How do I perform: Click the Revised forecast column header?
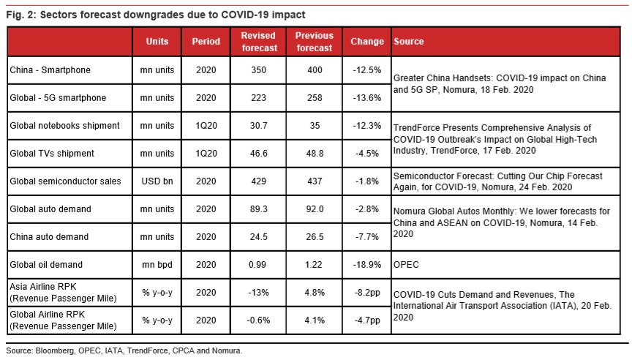(258, 42)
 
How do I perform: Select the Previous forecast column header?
(315, 42)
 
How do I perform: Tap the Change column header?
(366, 42)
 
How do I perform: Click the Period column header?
(206, 42)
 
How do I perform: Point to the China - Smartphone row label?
(50, 70)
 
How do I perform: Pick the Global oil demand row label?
(46, 264)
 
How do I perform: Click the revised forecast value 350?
(258, 70)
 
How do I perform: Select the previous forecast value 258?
(315, 97)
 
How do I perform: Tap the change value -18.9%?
(366, 264)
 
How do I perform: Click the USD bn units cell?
(157, 181)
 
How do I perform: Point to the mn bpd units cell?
(157, 264)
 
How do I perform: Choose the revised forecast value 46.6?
(258, 153)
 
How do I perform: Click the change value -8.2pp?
(367, 292)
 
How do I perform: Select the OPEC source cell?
(406, 264)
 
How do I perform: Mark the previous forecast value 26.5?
(315, 236)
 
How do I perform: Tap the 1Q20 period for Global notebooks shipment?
(206, 125)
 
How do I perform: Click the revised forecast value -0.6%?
(258, 320)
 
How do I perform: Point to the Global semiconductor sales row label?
(65, 181)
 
